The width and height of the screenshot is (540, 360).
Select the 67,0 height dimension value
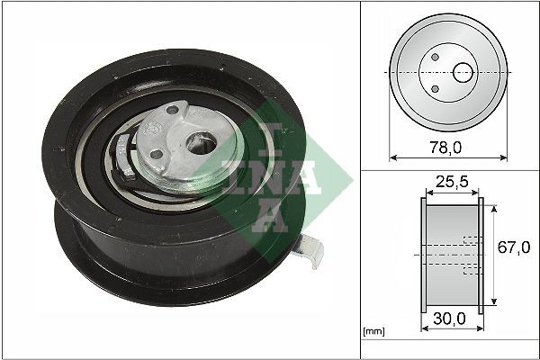click(x=512, y=248)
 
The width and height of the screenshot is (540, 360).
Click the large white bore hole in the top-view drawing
click(x=463, y=71)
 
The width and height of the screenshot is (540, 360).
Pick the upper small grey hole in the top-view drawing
click(x=435, y=58)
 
